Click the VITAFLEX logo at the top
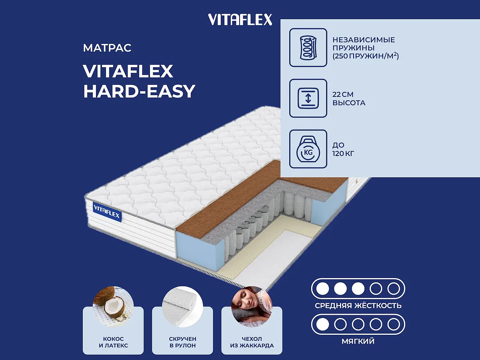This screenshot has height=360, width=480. coord(240,20)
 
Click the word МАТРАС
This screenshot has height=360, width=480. coord(107,48)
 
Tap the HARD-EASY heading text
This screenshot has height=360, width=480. coord(139,91)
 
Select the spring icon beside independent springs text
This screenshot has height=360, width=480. coord(308,47)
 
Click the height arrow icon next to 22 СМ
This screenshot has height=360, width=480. coord(308,98)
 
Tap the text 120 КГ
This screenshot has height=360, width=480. coord(344,153)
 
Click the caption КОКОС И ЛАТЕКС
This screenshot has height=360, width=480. coord(113,342)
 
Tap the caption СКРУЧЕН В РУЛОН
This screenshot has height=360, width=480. coord(182,342)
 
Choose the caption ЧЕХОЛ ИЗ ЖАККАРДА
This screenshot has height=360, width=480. coord(252,342)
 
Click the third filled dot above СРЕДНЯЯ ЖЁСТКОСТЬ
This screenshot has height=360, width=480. coord(358,288)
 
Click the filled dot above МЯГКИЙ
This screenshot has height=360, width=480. coord(322,324)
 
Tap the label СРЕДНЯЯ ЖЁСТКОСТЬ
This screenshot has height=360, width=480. coord(358,306)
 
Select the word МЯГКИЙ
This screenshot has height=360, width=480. coord(358,342)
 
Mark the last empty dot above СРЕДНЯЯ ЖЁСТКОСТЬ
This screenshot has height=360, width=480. coord(394,288)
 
